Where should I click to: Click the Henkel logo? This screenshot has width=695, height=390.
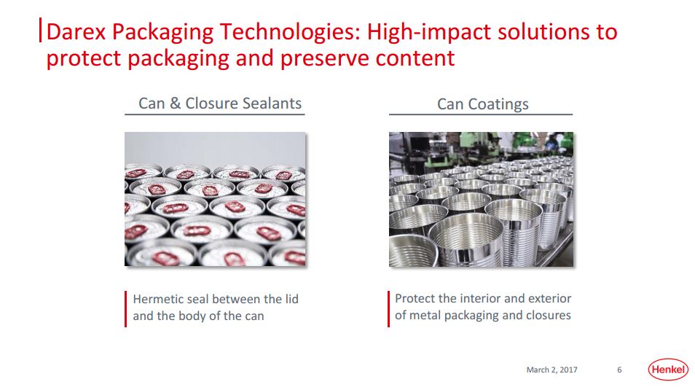pos(668,370)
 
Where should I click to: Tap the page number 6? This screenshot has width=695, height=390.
pos(619,370)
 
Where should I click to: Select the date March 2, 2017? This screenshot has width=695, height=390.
pos(551,370)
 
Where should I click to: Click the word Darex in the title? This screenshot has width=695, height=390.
pos(76,32)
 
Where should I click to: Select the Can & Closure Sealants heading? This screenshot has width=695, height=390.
pos(220,104)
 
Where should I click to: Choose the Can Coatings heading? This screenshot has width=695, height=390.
pos(483,104)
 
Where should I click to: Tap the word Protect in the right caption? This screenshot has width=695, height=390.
pos(415,298)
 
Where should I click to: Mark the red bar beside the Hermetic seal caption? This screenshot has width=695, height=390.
pos(126,309)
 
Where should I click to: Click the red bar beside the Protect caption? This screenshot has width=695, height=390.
pos(389,309)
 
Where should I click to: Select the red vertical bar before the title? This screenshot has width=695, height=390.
pos(41,30)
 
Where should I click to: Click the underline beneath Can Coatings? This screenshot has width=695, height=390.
pos(481,114)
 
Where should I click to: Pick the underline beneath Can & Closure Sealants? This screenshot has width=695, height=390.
pos(214,114)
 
